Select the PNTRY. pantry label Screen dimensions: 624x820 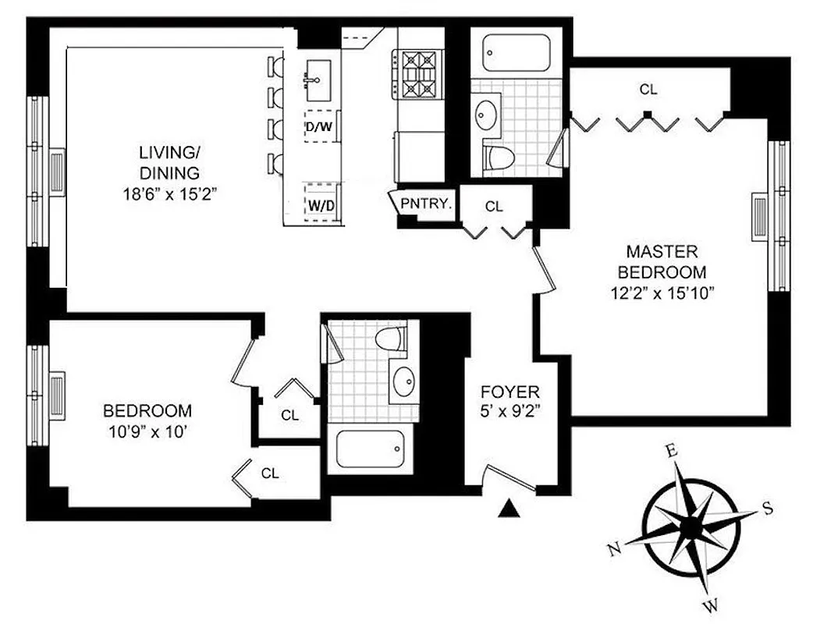tap(425, 204)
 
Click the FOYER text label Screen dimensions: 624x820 tap(509, 392)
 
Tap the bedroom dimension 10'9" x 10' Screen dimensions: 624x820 tap(147, 430)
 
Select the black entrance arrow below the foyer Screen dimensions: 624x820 tap(509, 509)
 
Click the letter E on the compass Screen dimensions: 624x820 tap(669, 450)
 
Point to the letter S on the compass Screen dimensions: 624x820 tap(767, 509)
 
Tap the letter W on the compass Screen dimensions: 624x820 tap(712, 604)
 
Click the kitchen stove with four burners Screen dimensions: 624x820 tap(417, 74)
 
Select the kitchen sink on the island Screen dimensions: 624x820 tap(318, 80)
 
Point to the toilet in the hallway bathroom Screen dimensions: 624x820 tap(390, 339)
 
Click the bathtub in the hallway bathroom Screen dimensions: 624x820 tap(370, 449)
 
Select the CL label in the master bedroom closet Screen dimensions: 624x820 tap(648, 90)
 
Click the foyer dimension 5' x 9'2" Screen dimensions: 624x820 tap(509, 410)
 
